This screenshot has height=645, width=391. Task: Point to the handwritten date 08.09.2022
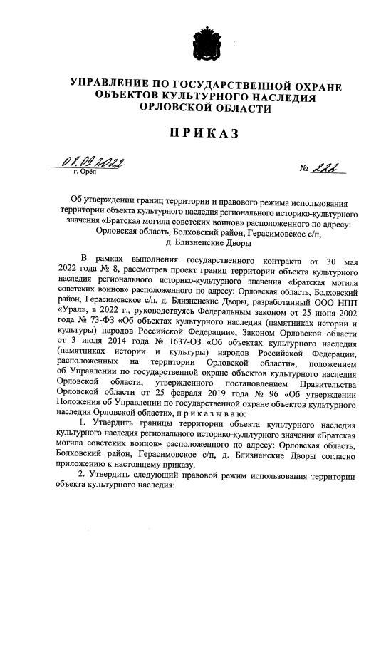[x=92, y=163]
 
